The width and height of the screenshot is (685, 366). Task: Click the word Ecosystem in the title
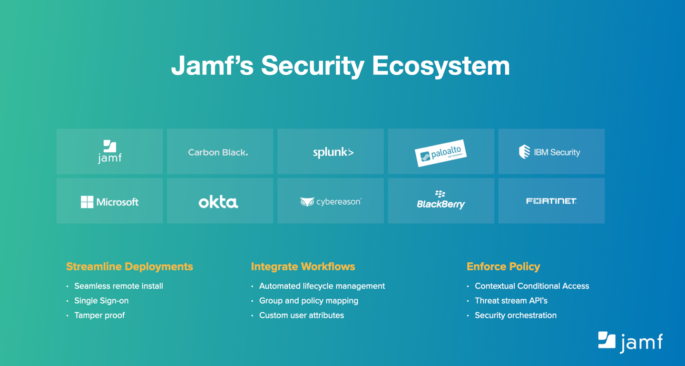440,66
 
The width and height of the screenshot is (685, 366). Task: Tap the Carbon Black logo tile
220,151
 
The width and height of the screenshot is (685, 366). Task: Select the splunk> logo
333,152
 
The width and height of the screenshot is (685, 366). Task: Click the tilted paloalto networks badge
440,153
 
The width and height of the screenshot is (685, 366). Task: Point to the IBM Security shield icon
524,151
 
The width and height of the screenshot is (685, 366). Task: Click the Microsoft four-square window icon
87,202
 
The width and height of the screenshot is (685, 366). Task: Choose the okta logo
218,202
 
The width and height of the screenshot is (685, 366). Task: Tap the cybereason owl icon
307,202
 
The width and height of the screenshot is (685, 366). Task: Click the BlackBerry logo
440,200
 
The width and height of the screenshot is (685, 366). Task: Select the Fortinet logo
551,201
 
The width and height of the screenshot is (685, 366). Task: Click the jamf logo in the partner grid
110,151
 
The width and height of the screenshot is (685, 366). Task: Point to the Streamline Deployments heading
130,267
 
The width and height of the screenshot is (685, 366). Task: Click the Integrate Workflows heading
303,267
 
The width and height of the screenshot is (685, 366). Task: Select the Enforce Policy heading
503,267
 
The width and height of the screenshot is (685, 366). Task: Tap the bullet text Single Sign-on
101,301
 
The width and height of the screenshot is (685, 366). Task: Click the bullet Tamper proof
99,316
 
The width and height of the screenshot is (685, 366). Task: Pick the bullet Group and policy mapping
309,301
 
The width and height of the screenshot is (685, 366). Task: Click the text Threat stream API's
511,301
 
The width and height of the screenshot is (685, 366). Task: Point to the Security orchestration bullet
516,316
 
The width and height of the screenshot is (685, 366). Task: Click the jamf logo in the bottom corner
630,342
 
